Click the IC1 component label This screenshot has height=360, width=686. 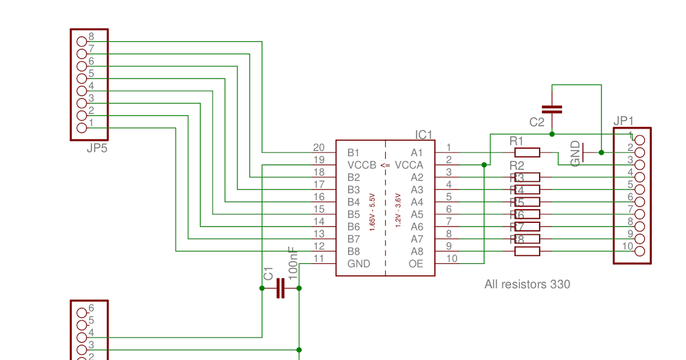(x=424, y=135)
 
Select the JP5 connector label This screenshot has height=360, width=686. (x=97, y=149)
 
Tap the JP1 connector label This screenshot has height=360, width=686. (x=623, y=121)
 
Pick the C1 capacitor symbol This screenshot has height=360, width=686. (x=280, y=288)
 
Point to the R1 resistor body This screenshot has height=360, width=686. (x=527, y=153)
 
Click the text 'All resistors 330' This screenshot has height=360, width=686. (x=527, y=284)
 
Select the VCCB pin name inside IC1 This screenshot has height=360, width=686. (x=362, y=165)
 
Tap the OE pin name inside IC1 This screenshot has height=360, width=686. (x=416, y=264)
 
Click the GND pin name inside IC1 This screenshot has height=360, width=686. (x=358, y=264)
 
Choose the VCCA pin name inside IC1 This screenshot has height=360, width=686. (x=409, y=165)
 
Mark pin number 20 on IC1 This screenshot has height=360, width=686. (x=318, y=147)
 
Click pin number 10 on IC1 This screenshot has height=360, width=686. (x=452, y=258)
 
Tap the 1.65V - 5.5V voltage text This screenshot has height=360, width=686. (x=372, y=213)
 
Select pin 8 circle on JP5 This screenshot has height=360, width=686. (x=81, y=41)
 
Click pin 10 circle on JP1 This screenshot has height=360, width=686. (x=640, y=251)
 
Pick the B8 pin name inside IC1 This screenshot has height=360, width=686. (x=354, y=251)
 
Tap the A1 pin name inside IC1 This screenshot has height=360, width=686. (x=417, y=153)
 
